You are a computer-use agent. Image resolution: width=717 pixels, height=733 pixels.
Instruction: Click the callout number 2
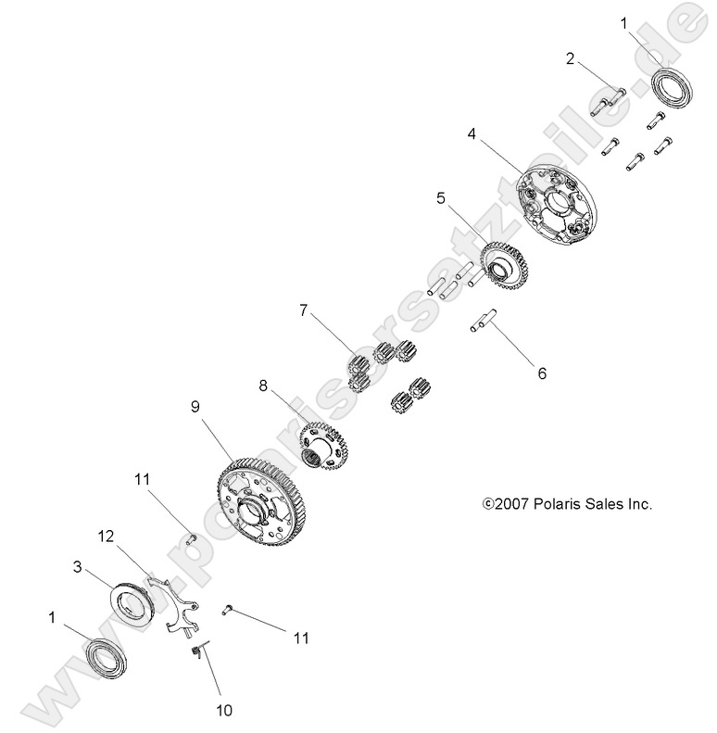click(x=571, y=59)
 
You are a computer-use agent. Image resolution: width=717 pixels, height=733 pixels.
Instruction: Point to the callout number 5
click(x=441, y=197)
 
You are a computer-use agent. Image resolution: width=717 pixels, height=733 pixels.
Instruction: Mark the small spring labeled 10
click(x=195, y=654)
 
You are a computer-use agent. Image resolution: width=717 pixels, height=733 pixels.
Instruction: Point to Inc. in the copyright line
click(x=640, y=505)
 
